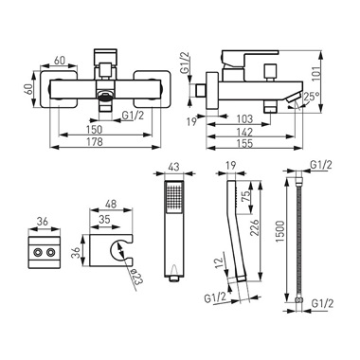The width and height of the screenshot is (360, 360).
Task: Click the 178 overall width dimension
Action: [x=95, y=141]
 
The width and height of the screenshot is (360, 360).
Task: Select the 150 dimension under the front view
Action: [x=95, y=130]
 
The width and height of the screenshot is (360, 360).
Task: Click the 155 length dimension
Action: [x=245, y=143]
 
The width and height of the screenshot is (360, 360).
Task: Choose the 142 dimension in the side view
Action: [x=244, y=132]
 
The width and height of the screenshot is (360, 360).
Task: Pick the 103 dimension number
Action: [x=244, y=119]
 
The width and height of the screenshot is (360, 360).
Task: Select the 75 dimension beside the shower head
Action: [x=246, y=196]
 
